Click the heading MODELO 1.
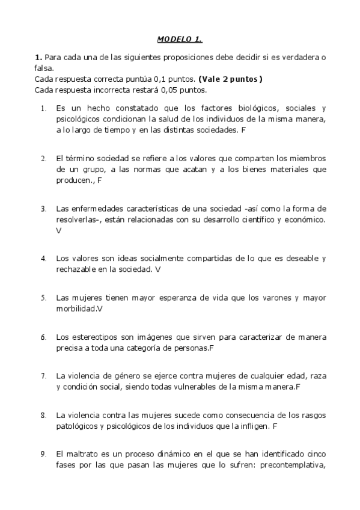180,40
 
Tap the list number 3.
44,209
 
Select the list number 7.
44,376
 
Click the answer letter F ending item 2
100,180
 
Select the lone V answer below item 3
58,230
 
